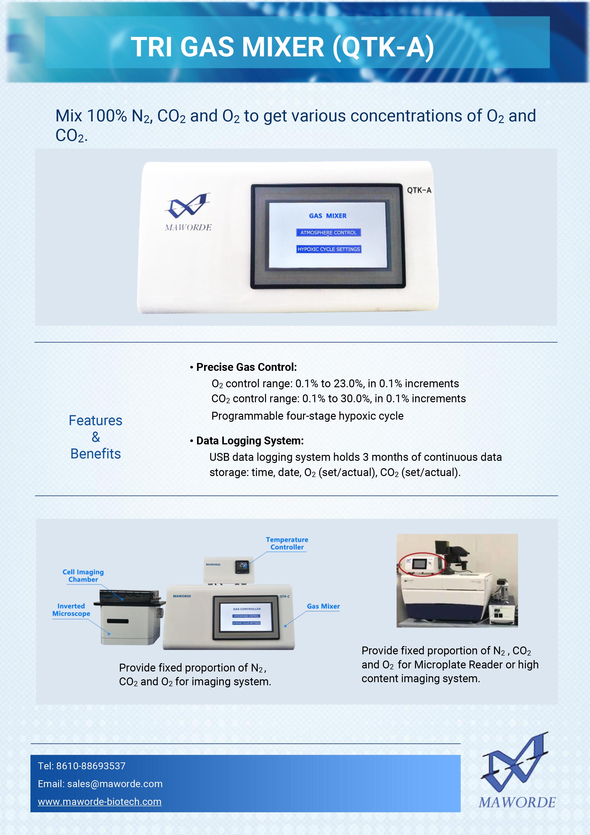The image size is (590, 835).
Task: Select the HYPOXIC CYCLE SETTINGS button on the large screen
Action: (329, 249)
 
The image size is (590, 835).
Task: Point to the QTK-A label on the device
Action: (419, 190)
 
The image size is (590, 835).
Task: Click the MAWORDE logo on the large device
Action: (188, 212)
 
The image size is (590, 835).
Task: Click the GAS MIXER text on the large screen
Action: (327, 216)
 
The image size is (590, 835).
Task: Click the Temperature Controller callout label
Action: (287, 543)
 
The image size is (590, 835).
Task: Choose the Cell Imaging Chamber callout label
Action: (83, 576)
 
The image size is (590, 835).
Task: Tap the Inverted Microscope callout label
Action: (71, 610)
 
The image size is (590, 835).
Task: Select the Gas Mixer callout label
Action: (323, 606)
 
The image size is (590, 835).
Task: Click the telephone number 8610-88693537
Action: (90, 766)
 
